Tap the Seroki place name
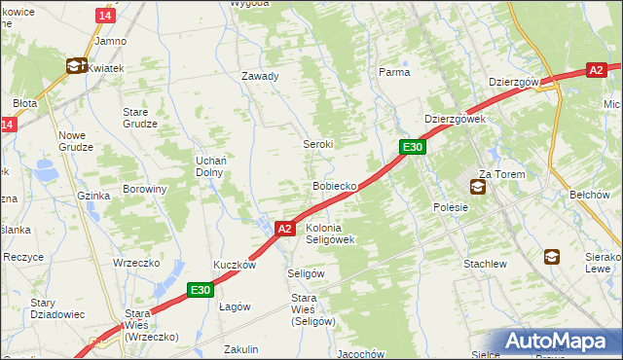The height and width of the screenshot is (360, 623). click(x=317, y=144)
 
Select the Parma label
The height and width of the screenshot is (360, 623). click(x=394, y=72)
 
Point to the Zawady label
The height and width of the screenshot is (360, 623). click(x=260, y=76)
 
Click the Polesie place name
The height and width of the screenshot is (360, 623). click(x=451, y=207)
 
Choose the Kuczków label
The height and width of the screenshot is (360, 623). click(x=235, y=265)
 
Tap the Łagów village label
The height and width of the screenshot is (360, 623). click(x=235, y=306)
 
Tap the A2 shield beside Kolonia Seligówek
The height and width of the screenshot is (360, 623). click(x=284, y=229)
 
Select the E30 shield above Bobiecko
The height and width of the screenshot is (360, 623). click(x=413, y=147)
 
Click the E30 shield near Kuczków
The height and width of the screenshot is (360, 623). click(x=200, y=289)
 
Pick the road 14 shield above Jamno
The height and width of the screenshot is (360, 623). click(x=104, y=17)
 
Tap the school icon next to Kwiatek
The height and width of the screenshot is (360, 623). click(x=75, y=66)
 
